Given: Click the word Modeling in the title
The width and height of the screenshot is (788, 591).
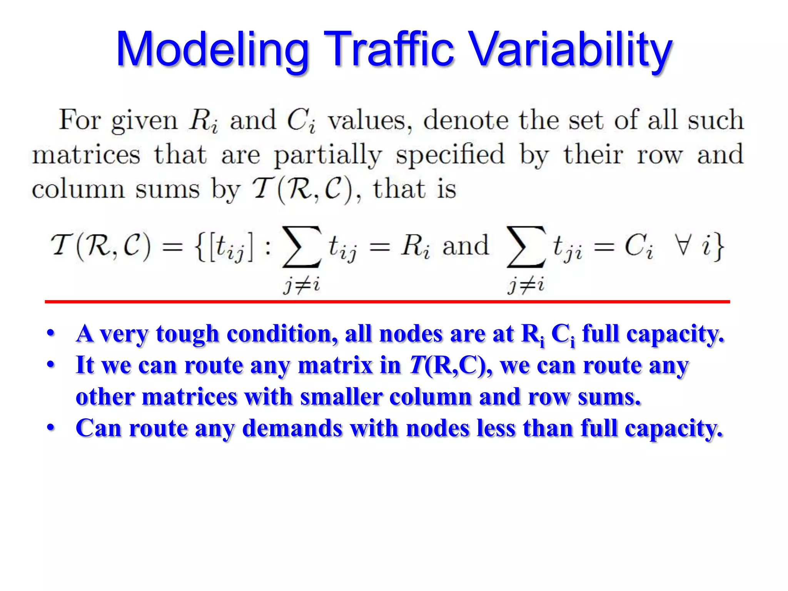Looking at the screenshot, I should pyautogui.click(x=213, y=50).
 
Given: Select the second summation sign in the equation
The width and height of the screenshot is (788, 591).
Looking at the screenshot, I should pyautogui.click(x=526, y=247).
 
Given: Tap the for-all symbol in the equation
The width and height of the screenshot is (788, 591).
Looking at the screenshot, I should pyautogui.click(x=683, y=245).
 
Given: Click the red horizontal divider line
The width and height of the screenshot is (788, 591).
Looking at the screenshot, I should pyautogui.click(x=387, y=302).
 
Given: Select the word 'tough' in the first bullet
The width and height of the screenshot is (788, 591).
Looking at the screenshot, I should pyautogui.click(x=187, y=334).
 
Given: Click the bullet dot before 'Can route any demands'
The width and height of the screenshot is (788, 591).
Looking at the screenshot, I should pyautogui.click(x=50, y=428).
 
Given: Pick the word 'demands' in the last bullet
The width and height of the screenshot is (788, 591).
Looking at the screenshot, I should pyautogui.click(x=292, y=428).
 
